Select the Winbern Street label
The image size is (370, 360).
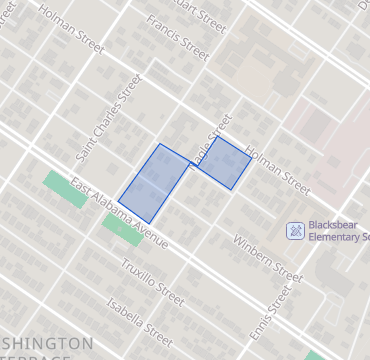267,257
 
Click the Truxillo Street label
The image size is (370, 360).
152,281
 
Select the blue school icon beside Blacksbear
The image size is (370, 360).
296,231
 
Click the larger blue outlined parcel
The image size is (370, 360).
155,182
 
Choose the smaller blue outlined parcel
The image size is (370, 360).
222,162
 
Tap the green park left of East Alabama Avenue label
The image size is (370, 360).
66,188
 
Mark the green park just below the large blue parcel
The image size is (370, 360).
123,229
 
